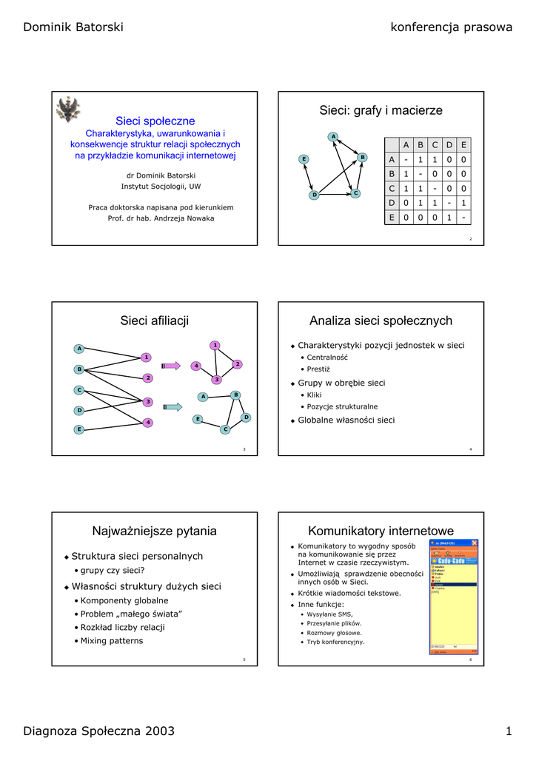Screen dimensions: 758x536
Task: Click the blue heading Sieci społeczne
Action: tap(155, 121)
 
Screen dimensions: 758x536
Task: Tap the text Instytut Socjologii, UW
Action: tap(155, 187)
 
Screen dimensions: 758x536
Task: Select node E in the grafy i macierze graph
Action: tap(304, 159)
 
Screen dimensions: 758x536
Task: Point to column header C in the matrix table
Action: tap(435, 145)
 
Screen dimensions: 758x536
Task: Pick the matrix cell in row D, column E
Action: tap(463, 203)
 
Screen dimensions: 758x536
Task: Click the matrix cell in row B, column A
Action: tap(406, 174)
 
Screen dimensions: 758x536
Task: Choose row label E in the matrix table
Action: tap(392, 218)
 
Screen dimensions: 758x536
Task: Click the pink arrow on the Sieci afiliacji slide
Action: tap(171, 365)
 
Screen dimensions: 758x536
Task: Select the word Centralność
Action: tap(327, 358)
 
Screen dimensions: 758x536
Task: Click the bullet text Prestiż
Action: tap(318, 369)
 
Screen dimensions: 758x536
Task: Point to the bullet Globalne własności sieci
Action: tap(346, 420)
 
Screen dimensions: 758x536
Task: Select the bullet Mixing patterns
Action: tap(112, 640)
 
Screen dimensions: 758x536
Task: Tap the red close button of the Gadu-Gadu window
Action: tap(475, 543)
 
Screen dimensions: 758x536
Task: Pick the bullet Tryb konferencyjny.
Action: tap(335, 642)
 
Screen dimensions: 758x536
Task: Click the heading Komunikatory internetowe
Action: tap(381, 531)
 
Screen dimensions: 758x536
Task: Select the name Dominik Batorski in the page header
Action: tap(73, 27)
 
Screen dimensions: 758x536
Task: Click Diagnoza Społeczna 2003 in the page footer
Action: tap(99, 731)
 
